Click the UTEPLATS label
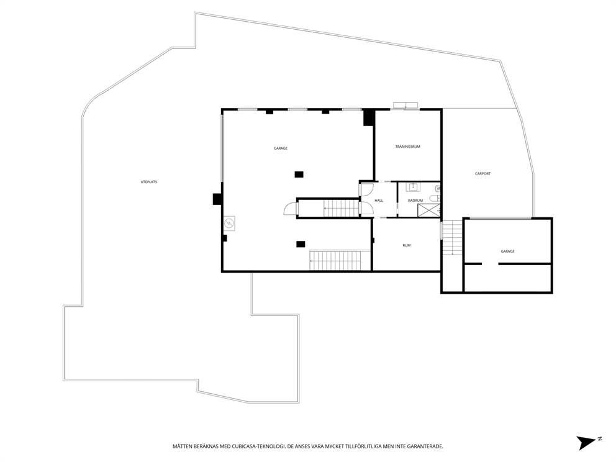click(x=148, y=182)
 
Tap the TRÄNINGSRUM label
click(x=408, y=147)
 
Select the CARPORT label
click(x=482, y=173)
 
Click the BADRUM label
click(x=415, y=201)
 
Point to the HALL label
click(x=379, y=201)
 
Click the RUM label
click(x=406, y=245)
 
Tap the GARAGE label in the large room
click(x=280, y=148)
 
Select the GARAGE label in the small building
click(x=507, y=251)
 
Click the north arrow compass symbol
click(x=587, y=442)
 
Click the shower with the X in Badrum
click(x=428, y=211)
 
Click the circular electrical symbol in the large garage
click(x=229, y=222)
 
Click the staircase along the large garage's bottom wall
click(x=335, y=260)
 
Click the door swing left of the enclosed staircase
click(x=290, y=209)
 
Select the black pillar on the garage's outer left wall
click(x=217, y=199)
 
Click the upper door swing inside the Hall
click(x=367, y=189)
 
